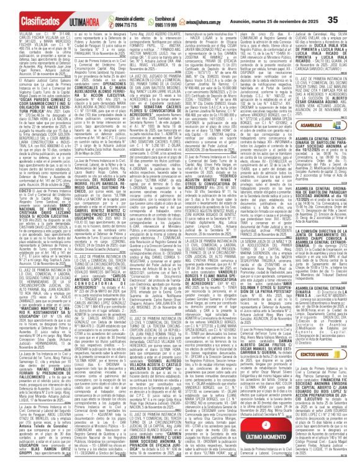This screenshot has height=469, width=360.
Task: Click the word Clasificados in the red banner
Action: click(x=25, y=7)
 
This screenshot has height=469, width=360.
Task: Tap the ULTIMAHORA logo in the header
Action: click(x=75, y=7)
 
